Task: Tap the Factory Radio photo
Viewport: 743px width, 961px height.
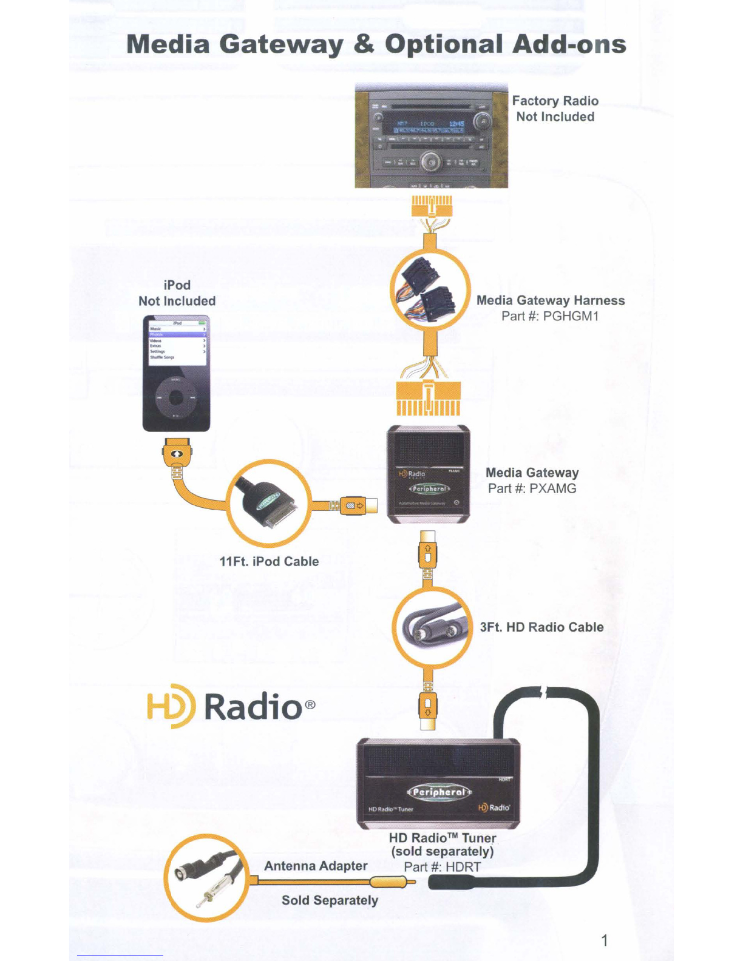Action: point(431,136)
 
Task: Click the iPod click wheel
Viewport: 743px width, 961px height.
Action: point(176,397)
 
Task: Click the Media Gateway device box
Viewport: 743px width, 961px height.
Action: point(429,474)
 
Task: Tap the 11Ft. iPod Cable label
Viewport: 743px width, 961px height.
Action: point(269,561)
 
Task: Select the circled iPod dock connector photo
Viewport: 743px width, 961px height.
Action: point(269,503)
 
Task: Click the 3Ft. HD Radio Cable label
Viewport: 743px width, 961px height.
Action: point(541,627)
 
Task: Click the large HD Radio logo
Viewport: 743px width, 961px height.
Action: point(231,707)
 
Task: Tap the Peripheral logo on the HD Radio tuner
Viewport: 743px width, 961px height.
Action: point(439,792)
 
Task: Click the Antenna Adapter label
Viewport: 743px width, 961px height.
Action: point(316,866)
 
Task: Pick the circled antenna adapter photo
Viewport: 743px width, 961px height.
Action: point(206,878)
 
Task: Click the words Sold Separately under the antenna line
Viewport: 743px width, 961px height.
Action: point(330,900)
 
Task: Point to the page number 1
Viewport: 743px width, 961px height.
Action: point(604,940)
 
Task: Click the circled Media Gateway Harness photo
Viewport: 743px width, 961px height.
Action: point(430,289)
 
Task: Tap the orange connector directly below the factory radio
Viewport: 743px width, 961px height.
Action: point(431,207)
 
